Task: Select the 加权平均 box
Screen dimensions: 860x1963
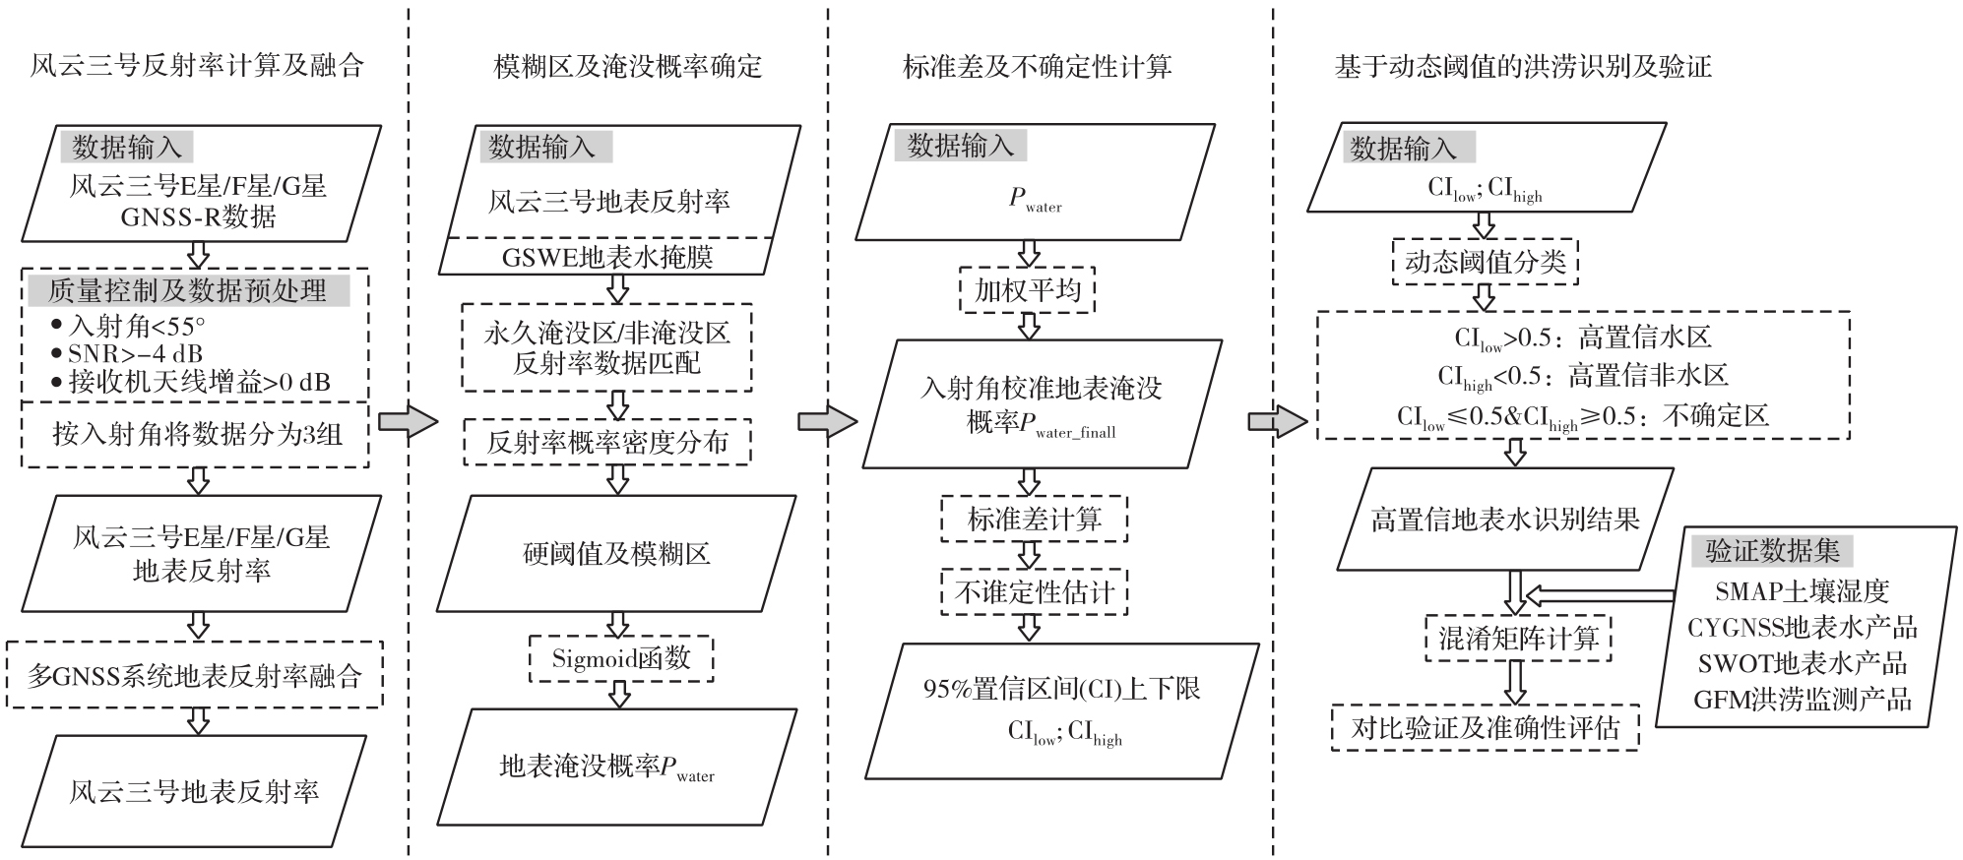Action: click(x=1028, y=290)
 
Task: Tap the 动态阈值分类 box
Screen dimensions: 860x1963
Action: click(x=1485, y=262)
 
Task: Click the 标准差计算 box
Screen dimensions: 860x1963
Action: click(x=1034, y=519)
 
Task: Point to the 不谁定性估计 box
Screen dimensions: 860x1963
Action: click(x=1034, y=591)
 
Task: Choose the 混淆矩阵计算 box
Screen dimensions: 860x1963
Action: click(x=1518, y=639)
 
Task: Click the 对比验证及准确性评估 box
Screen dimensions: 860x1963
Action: click(x=1485, y=727)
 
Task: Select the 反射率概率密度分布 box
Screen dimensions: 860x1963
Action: click(x=607, y=442)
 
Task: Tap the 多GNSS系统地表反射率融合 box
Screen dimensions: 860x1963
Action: click(x=194, y=676)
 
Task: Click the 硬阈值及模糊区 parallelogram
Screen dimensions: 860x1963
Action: click(x=616, y=554)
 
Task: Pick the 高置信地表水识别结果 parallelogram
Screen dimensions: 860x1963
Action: click(x=1505, y=519)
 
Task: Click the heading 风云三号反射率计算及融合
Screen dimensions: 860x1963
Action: click(x=197, y=66)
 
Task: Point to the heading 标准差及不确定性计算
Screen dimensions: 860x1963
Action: click(x=1037, y=66)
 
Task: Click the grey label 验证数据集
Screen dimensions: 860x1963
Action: click(x=1772, y=551)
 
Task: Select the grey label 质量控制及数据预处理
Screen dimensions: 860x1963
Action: click(x=187, y=291)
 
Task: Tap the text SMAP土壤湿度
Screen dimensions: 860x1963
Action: click(x=1802, y=591)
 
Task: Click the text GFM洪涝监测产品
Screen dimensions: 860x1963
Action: click(x=1802, y=700)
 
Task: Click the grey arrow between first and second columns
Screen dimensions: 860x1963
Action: click(x=407, y=421)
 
